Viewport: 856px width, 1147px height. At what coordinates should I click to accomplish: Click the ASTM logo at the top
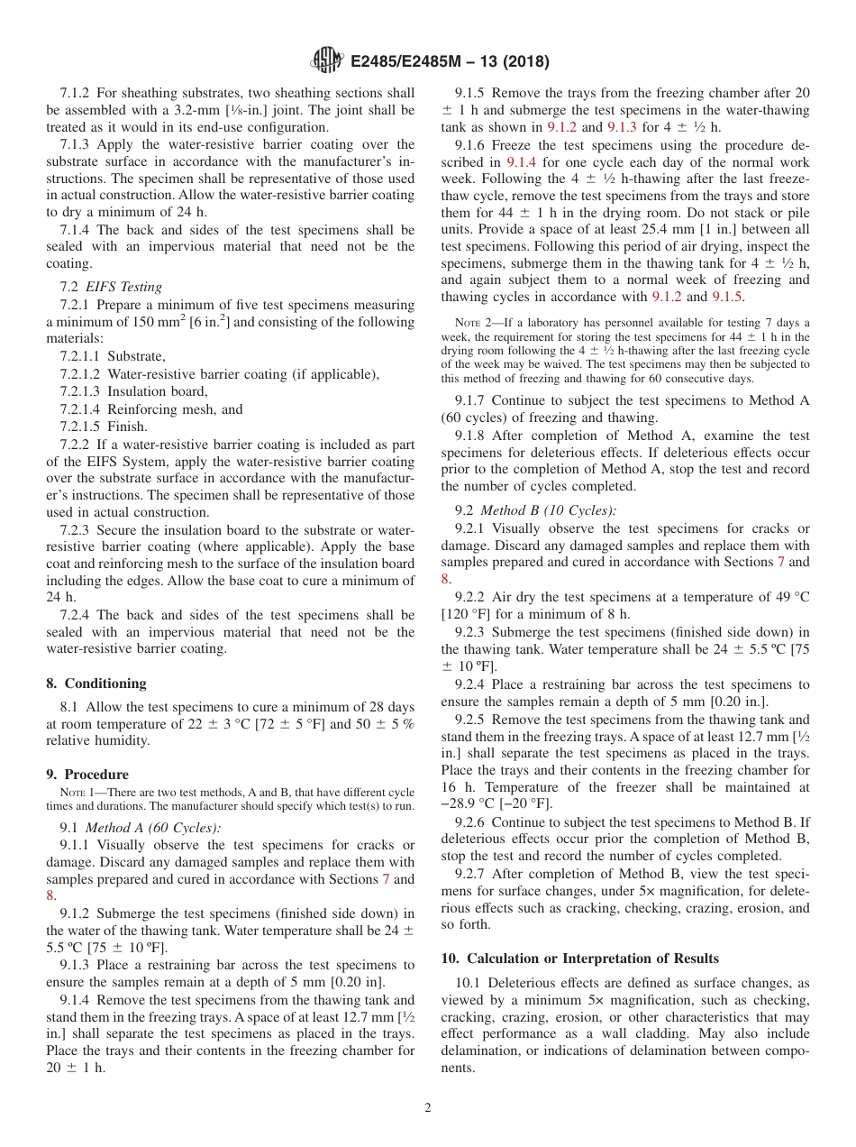pos(326,60)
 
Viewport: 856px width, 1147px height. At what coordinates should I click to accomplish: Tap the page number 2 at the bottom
pos(428,1108)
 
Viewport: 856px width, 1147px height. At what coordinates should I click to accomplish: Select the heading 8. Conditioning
pos(96,684)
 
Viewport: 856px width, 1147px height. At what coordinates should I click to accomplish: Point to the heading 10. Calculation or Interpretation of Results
pos(580,959)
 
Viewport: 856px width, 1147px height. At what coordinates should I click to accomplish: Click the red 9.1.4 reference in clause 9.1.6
pos(522,162)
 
